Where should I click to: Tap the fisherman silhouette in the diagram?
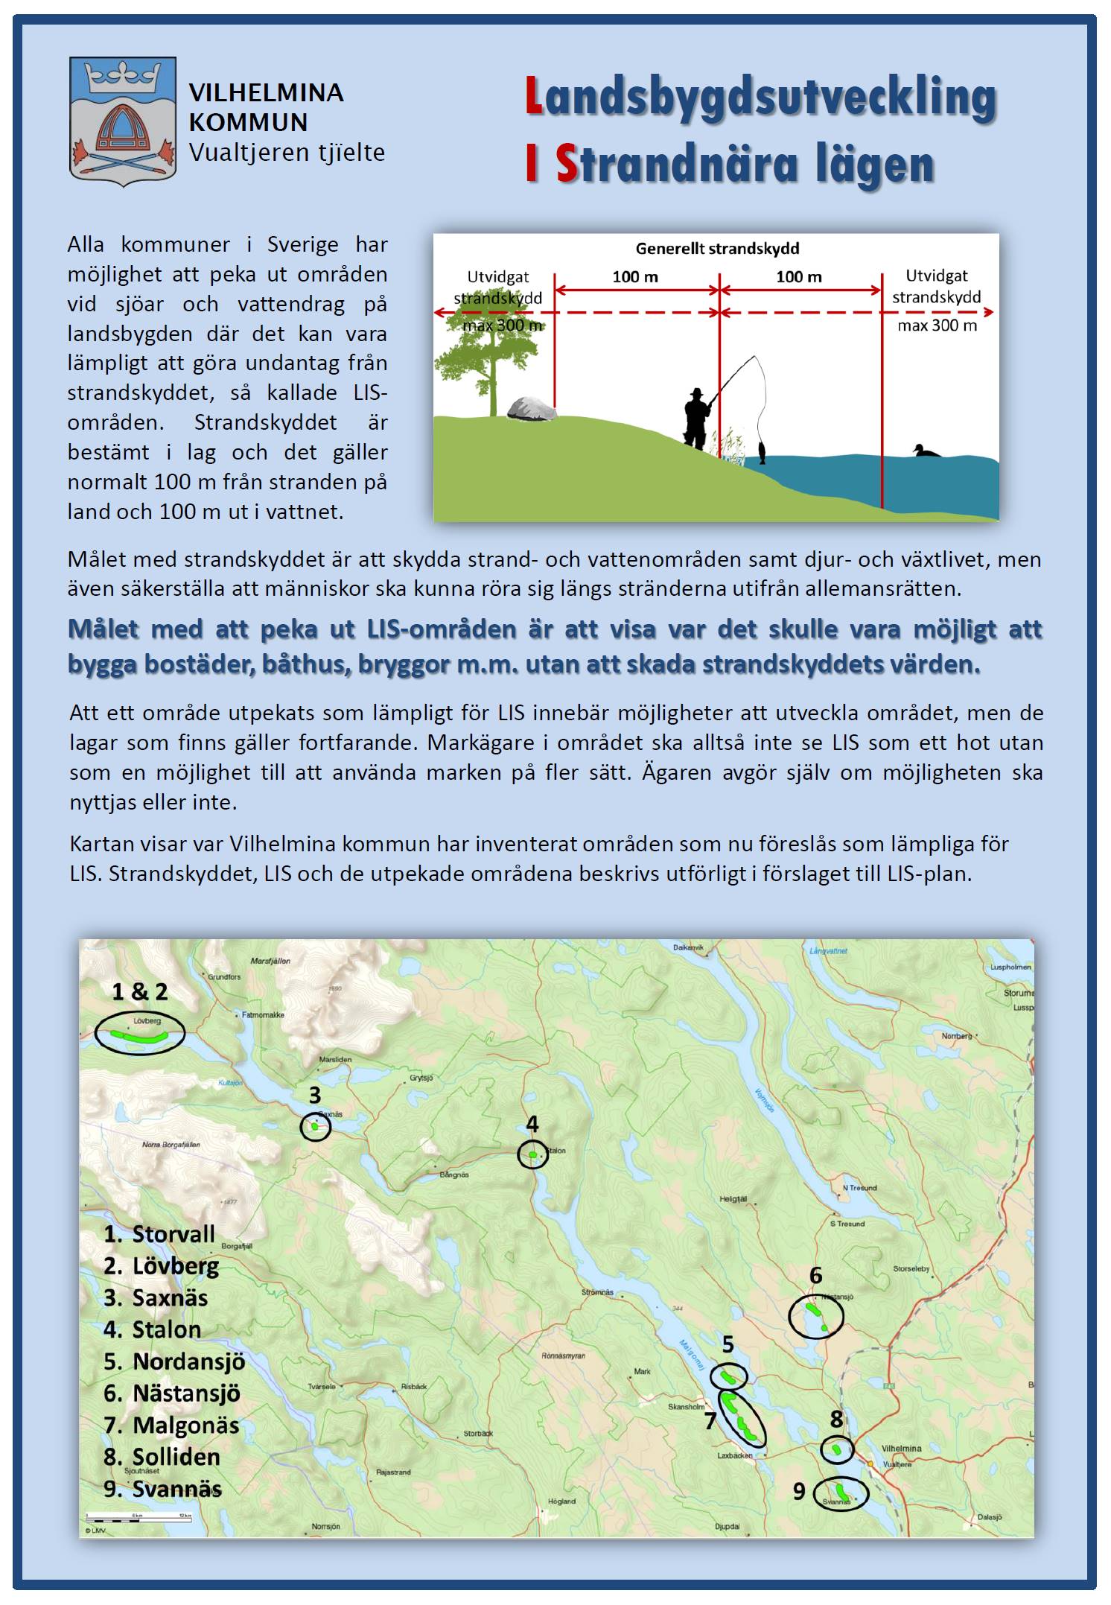(697, 419)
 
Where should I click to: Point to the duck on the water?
(926, 451)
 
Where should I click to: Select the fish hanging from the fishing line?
(762, 452)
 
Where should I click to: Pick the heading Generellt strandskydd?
(716, 249)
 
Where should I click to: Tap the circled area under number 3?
(316, 1127)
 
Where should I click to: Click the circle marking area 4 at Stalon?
(533, 1154)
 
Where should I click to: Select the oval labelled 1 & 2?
(140, 1032)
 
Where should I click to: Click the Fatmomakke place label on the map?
(263, 1015)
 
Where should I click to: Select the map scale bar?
(139, 1516)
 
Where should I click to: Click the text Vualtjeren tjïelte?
(287, 153)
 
